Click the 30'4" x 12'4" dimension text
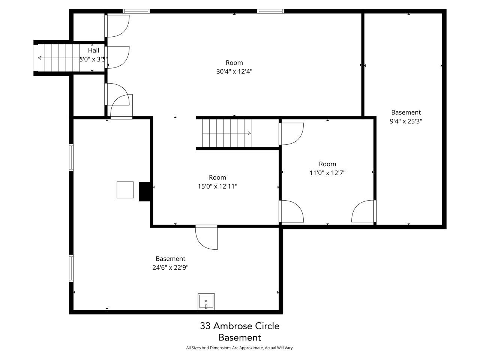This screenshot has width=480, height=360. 234,72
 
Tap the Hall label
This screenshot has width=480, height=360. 94,50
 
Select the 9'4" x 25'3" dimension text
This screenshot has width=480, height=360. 406,121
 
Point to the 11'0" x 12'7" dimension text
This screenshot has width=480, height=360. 327,173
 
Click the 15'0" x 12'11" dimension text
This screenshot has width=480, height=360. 217,186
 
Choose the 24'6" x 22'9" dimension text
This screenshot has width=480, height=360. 170,268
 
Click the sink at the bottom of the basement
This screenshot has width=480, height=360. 206,302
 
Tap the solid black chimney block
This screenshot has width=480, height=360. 145,192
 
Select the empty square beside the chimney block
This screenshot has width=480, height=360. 125,190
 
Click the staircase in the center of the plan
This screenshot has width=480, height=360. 227,133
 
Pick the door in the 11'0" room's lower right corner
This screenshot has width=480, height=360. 364,211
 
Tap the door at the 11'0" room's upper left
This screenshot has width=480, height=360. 291,133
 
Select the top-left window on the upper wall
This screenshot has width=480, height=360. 136,11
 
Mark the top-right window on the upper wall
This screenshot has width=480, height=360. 270,11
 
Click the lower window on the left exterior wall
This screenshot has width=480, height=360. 71,268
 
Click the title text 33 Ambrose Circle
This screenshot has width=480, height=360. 240,326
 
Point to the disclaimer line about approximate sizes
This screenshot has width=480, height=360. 240,348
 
